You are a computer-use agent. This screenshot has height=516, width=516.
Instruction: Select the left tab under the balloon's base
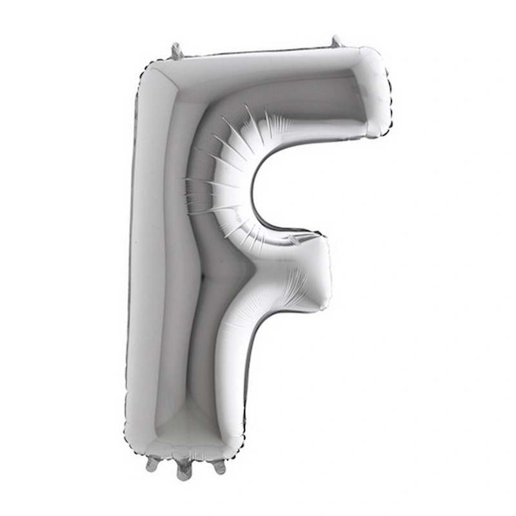click(152, 462)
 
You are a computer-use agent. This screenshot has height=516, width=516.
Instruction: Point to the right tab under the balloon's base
click(219, 464)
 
